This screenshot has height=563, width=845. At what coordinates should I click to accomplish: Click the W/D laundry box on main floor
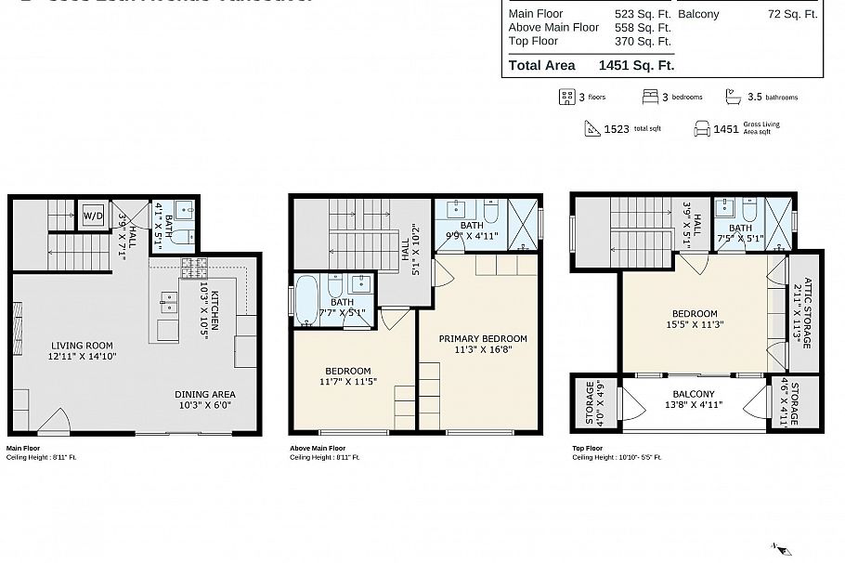(x=93, y=216)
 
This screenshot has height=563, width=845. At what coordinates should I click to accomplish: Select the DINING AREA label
(x=205, y=393)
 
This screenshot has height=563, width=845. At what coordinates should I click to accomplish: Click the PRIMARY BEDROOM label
(x=483, y=338)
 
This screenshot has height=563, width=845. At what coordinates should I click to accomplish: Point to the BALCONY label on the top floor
(x=694, y=393)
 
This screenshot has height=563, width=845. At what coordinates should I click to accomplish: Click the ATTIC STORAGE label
(x=808, y=312)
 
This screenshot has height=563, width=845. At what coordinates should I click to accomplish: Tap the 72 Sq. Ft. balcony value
(x=792, y=14)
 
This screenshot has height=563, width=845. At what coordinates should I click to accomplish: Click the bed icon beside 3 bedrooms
(x=650, y=97)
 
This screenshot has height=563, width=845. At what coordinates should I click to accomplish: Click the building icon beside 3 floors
(x=565, y=97)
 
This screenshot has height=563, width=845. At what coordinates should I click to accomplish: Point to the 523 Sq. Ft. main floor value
(x=643, y=14)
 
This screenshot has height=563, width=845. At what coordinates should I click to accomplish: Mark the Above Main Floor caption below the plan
(x=318, y=447)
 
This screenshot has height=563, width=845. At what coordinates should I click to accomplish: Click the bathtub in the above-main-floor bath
(x=306, y=301)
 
